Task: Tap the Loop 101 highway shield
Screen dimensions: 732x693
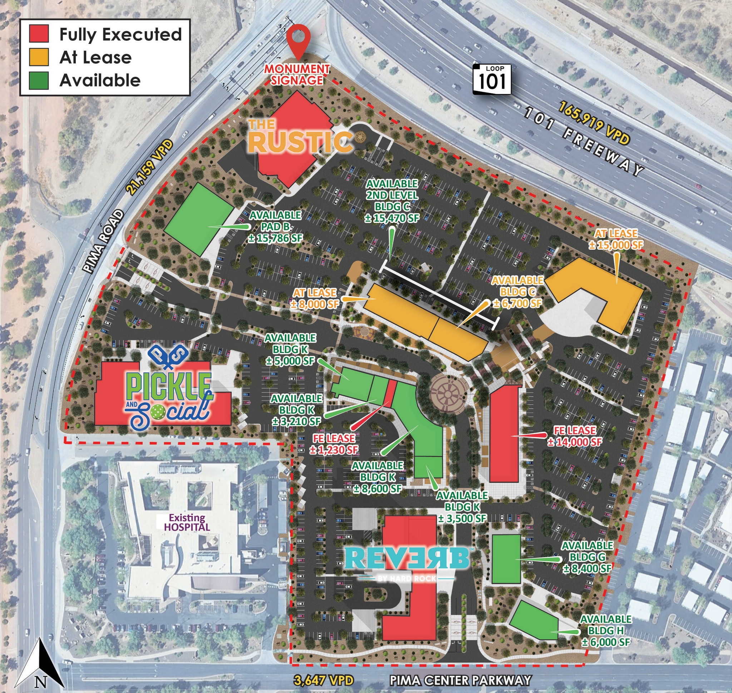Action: pyautogui.click(x=492, y=79)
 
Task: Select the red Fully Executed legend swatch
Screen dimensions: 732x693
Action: pyautogui.click(x=39, y=34)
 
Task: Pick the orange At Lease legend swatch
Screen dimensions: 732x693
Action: pyautogui.click(x=39, y=57)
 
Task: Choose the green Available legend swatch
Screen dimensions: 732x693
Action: pyautogui.click(x=39, y=80)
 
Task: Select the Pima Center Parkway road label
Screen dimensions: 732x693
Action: pyautogui.click(x=460, y=680)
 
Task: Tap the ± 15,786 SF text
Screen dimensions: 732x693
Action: pyautogui.click(x=276, y=238)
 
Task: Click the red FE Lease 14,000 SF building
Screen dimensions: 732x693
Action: pyautogui.click(x=504, y=434)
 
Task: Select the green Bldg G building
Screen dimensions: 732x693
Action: pyautogui.click(x=506, y=559)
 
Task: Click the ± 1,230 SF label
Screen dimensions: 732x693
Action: pyautogui.click(x=334, y=450)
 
